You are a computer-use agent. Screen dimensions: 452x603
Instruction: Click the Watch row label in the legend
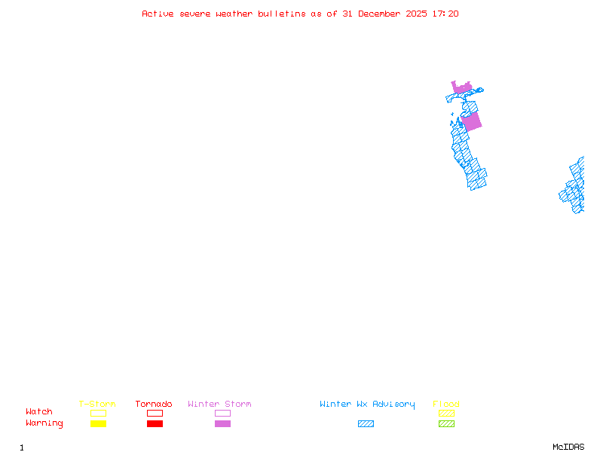(x=39, y=412)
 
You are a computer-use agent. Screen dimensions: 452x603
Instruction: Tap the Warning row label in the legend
(x=44, y=423)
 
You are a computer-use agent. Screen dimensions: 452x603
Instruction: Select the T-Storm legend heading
(x=97, y=405)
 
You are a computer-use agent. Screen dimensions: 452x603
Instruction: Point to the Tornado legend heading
(x=154, y=405)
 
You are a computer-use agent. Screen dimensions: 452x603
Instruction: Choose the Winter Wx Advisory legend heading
(x=367, y=405)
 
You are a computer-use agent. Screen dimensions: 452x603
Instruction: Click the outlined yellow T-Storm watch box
(x=98, y=413)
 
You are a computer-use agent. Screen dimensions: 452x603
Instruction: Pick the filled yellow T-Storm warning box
(x=98, y=424)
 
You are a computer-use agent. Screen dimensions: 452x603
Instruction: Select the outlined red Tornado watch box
(x=155, y=413)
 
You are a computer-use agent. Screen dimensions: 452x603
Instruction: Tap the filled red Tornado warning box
(x=155, y=424)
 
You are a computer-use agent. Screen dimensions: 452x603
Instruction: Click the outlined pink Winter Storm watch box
(x=222, y=413)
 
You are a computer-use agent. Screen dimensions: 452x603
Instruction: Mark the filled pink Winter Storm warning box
(x=222, y=424)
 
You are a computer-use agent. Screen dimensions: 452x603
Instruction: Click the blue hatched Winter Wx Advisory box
(x=366, y=424)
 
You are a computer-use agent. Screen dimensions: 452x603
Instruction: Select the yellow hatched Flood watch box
(x=446, y=413)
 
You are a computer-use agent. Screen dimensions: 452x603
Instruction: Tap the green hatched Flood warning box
(x=446, y=424)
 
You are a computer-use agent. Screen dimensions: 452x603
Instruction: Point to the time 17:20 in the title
(x=445, y=14)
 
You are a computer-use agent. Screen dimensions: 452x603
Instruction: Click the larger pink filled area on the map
(x=471, y=121)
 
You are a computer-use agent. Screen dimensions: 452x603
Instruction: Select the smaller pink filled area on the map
(x=461, y=88)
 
